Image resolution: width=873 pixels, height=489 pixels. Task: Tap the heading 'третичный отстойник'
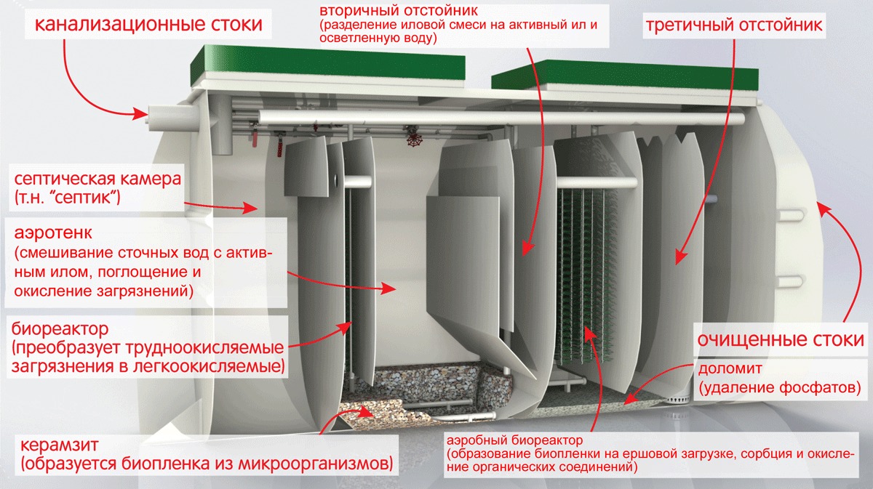click(x=733, y=26)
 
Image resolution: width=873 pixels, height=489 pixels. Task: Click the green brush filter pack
click(x=586, y=276)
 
